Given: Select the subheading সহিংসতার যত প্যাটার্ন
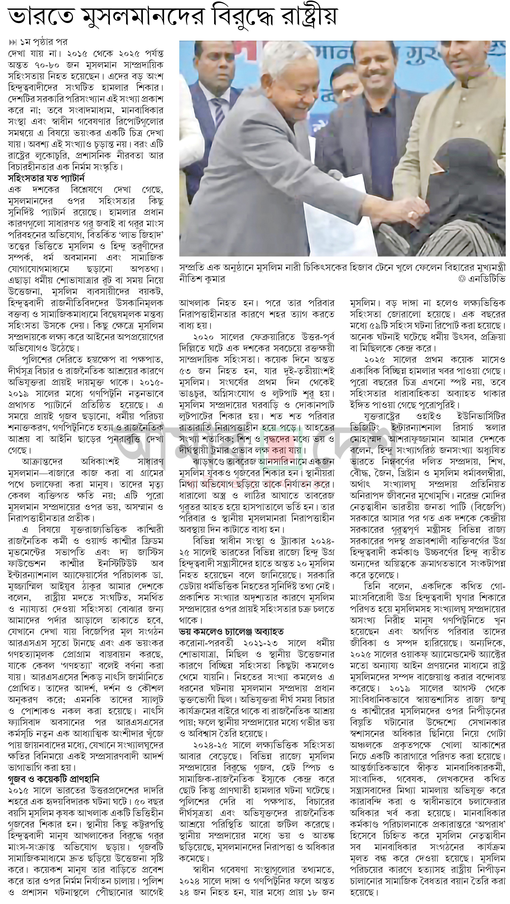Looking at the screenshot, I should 46,178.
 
